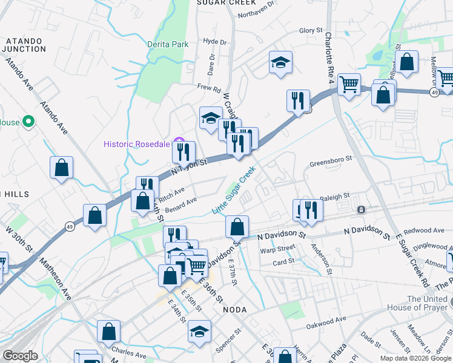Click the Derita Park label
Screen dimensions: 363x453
(x=168, y=44)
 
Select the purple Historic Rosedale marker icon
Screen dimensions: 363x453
(x=179, y=142)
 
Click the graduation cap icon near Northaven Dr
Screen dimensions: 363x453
(x=280, y=63)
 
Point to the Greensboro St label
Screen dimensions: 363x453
(x=331, y=160)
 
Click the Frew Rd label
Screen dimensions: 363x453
(x=209, y=88)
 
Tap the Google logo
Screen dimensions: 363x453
(x=21, y=356)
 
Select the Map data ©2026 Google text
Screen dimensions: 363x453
(x=415, y=358)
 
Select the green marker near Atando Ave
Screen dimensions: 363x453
(x=28, y=122)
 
